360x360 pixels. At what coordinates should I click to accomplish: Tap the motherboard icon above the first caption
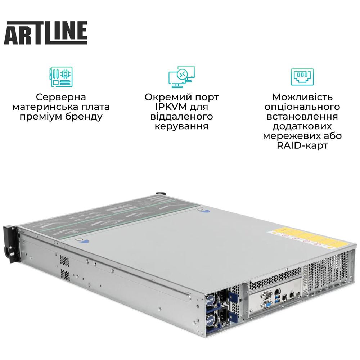pos(61,77)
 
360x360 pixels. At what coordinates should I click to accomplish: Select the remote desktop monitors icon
pos(181,77)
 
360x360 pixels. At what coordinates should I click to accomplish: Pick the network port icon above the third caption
pos(302,77)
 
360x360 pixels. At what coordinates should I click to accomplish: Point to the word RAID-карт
pos(302,146)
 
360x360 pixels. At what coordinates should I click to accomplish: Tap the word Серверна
pos(61,97)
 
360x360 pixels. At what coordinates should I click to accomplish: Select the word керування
pos(181,126)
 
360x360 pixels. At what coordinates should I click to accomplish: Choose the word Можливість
pos(302,97)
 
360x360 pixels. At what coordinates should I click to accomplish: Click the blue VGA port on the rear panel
pos(268,305)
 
